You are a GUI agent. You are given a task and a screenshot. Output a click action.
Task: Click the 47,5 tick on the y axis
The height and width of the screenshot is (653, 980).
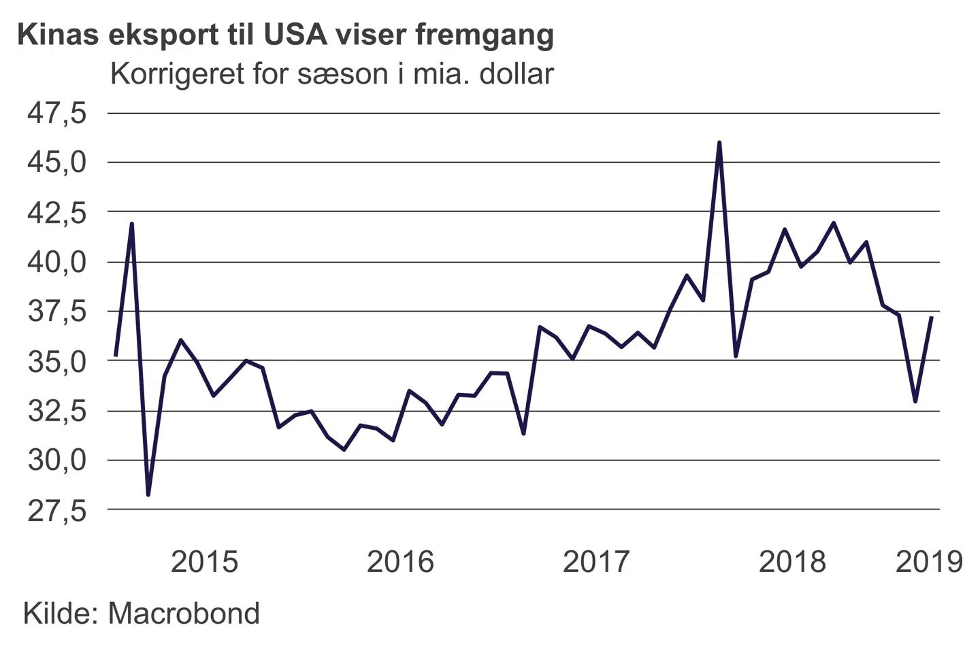point(57,113)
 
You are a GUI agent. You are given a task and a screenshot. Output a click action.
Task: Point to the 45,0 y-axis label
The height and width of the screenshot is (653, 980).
point(57,163)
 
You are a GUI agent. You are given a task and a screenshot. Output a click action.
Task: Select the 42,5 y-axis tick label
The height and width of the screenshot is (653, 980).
point(57,212)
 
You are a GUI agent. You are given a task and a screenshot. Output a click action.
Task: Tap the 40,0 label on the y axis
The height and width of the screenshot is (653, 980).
point(57,262)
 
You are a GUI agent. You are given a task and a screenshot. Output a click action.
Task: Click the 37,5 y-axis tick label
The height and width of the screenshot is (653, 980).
point(57,312)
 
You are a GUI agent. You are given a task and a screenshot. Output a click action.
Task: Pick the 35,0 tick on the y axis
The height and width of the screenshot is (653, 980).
point(57,361)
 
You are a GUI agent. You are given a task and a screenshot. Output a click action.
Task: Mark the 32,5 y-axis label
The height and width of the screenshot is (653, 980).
point(57,411)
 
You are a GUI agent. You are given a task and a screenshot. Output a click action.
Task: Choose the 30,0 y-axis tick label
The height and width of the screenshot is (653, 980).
point(57,461)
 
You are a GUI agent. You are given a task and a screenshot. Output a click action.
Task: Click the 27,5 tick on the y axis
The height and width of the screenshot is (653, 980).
point(57,510)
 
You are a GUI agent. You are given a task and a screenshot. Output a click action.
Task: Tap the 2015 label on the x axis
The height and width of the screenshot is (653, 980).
point(204,562)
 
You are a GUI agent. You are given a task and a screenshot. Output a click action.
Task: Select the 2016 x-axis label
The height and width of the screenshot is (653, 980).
point(400,562)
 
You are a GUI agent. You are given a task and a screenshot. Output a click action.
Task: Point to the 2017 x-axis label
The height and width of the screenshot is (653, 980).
point(596,562)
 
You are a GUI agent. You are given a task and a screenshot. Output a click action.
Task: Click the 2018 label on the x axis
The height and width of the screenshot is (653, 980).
point(792,562)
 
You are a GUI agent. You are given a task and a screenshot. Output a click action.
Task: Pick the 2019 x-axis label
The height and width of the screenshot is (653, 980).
point(929,562)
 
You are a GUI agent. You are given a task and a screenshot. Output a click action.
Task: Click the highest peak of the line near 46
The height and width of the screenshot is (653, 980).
point(719,143)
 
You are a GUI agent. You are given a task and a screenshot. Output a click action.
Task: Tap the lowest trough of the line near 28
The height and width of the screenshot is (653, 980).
point(148,495)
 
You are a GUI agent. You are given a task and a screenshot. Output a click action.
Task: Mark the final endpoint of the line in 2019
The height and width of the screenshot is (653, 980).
point(931,317)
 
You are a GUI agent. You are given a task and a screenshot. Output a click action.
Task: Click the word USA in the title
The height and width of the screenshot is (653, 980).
point(293,34)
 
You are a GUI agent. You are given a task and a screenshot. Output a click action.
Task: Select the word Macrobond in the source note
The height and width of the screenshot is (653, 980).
point(184,613)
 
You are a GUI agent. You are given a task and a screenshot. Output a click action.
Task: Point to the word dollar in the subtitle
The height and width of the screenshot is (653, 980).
point(516,73)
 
